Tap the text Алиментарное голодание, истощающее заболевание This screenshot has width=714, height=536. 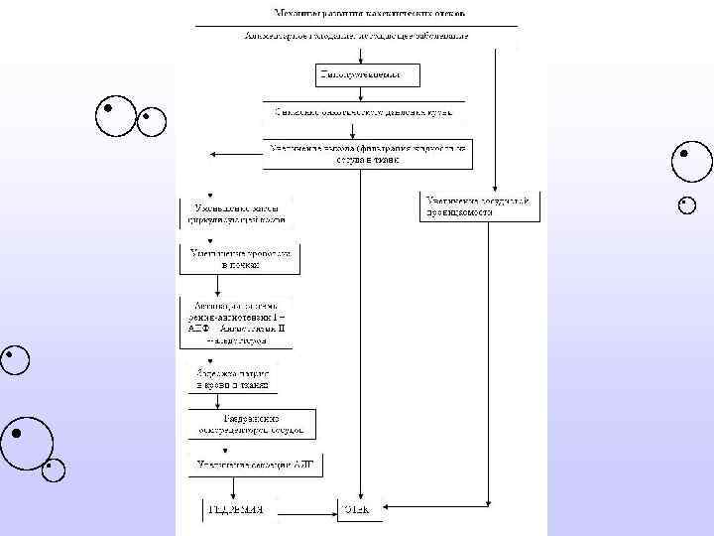tap(356, 35)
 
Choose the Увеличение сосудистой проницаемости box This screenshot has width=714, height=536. tap(480, 205)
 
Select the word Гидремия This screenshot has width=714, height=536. tap(235, 511)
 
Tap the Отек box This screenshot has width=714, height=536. tap(356, 511)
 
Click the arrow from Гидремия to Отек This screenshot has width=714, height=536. tap(302, 512)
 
